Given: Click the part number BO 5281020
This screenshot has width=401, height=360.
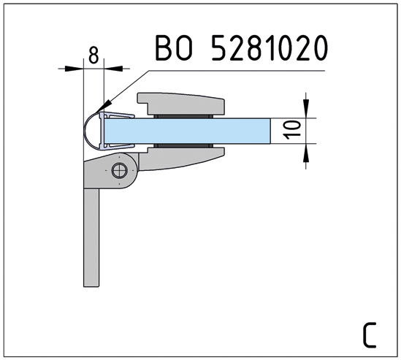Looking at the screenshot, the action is pos(242,47).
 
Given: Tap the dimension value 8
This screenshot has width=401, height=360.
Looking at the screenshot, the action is pos(93,55).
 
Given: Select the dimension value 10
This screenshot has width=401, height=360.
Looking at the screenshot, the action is pos(293,130).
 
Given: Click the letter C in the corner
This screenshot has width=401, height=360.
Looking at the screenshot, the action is pos(370,335).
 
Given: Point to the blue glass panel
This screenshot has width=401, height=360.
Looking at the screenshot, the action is pos(188,131).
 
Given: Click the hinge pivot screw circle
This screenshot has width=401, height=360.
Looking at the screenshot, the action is pos(120,170).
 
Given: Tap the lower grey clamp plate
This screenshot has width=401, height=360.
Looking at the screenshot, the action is pos(182,158).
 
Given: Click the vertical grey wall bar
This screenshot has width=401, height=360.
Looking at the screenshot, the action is pos(91,237).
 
